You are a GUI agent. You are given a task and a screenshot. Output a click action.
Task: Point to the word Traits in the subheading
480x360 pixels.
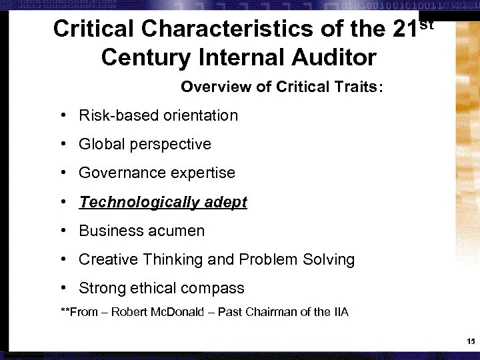point(356,87)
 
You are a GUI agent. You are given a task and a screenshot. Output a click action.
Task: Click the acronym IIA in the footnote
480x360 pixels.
point(340,312)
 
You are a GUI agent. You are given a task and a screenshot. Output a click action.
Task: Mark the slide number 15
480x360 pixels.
point(470,342)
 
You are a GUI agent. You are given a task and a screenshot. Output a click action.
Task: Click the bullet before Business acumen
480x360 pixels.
point(61,231)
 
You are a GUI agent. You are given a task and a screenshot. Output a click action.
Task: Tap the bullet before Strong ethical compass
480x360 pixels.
point(61,288)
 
